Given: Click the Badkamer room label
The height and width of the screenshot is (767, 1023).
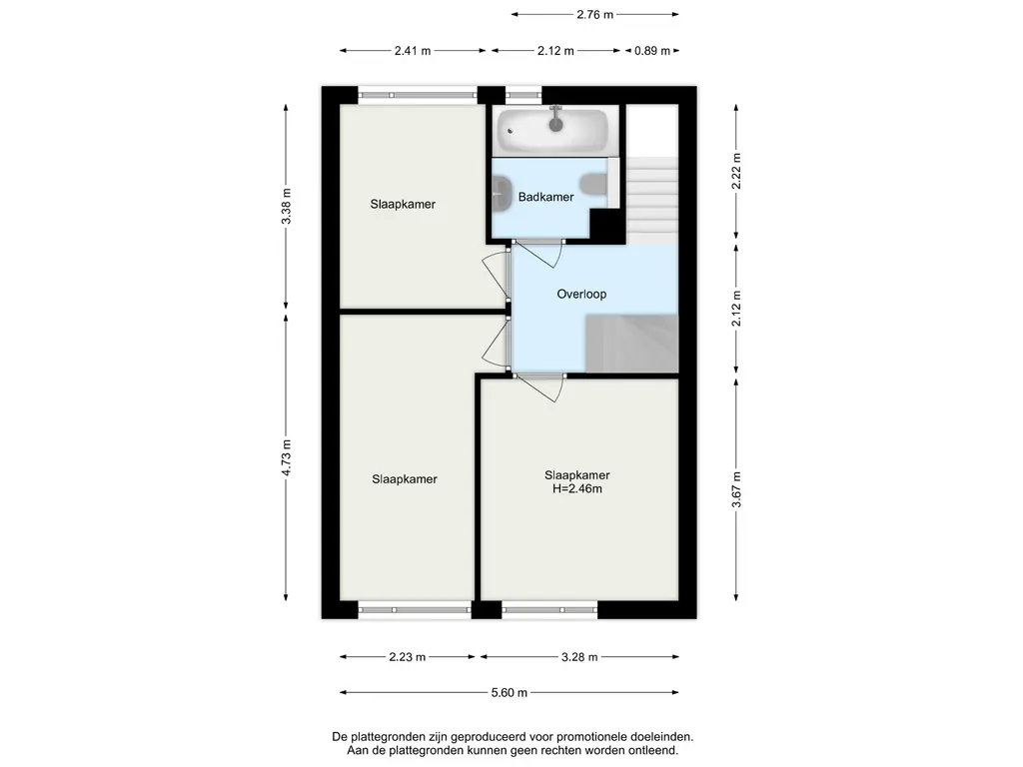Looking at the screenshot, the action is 545,197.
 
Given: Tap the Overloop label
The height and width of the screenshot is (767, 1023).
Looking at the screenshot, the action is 581,295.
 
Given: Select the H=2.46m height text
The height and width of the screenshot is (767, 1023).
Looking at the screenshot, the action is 577,488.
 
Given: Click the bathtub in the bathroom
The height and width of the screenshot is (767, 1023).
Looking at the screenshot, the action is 552,130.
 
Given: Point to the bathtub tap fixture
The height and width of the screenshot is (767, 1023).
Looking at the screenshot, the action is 555,119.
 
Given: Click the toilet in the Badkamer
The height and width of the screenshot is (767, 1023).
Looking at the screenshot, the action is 593,185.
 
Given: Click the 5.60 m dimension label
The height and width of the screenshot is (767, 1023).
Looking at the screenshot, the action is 509,693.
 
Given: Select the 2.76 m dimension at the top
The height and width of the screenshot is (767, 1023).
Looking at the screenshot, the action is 595,14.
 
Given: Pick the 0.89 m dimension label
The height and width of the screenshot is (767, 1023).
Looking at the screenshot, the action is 652,51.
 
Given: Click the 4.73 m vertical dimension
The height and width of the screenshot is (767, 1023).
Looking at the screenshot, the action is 287,457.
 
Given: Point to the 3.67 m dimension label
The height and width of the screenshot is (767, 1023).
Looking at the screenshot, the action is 736,489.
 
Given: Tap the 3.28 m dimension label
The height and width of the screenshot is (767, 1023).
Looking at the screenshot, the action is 579,657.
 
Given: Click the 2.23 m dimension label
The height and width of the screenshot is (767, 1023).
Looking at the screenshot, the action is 408,657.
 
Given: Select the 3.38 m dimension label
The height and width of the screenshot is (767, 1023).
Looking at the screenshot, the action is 287,206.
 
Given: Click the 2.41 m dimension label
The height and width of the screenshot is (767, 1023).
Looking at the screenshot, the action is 413,51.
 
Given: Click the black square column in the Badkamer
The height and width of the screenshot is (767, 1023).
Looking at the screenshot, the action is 606,226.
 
